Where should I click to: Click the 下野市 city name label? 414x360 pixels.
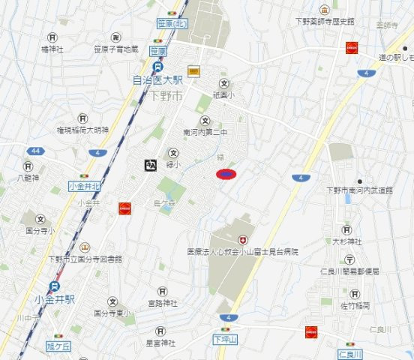(166, 96)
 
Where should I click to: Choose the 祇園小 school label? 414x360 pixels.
(223, 95)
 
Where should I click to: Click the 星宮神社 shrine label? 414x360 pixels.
(160, 343)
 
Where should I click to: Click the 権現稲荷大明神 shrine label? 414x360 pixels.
(82, 130)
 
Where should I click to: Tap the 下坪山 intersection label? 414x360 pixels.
(226, 340)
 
